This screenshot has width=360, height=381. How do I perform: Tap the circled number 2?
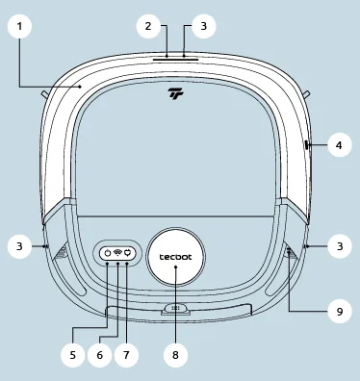point(148,26)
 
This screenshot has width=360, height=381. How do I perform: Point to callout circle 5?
point(73,354)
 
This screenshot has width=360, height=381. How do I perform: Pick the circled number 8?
point(175,354)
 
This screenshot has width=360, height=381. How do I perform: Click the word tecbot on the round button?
point(175,258)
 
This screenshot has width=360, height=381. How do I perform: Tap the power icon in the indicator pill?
point(107,253)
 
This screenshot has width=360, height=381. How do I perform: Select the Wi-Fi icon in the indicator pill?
point(116,253)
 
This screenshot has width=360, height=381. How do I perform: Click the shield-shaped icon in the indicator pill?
point(126,253)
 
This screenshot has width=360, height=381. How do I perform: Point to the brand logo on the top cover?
point(175,93)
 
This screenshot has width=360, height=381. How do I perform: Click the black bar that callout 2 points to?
point(174,57)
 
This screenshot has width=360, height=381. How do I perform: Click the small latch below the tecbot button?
point(175,309)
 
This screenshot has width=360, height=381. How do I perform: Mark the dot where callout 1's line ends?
point(81,86)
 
